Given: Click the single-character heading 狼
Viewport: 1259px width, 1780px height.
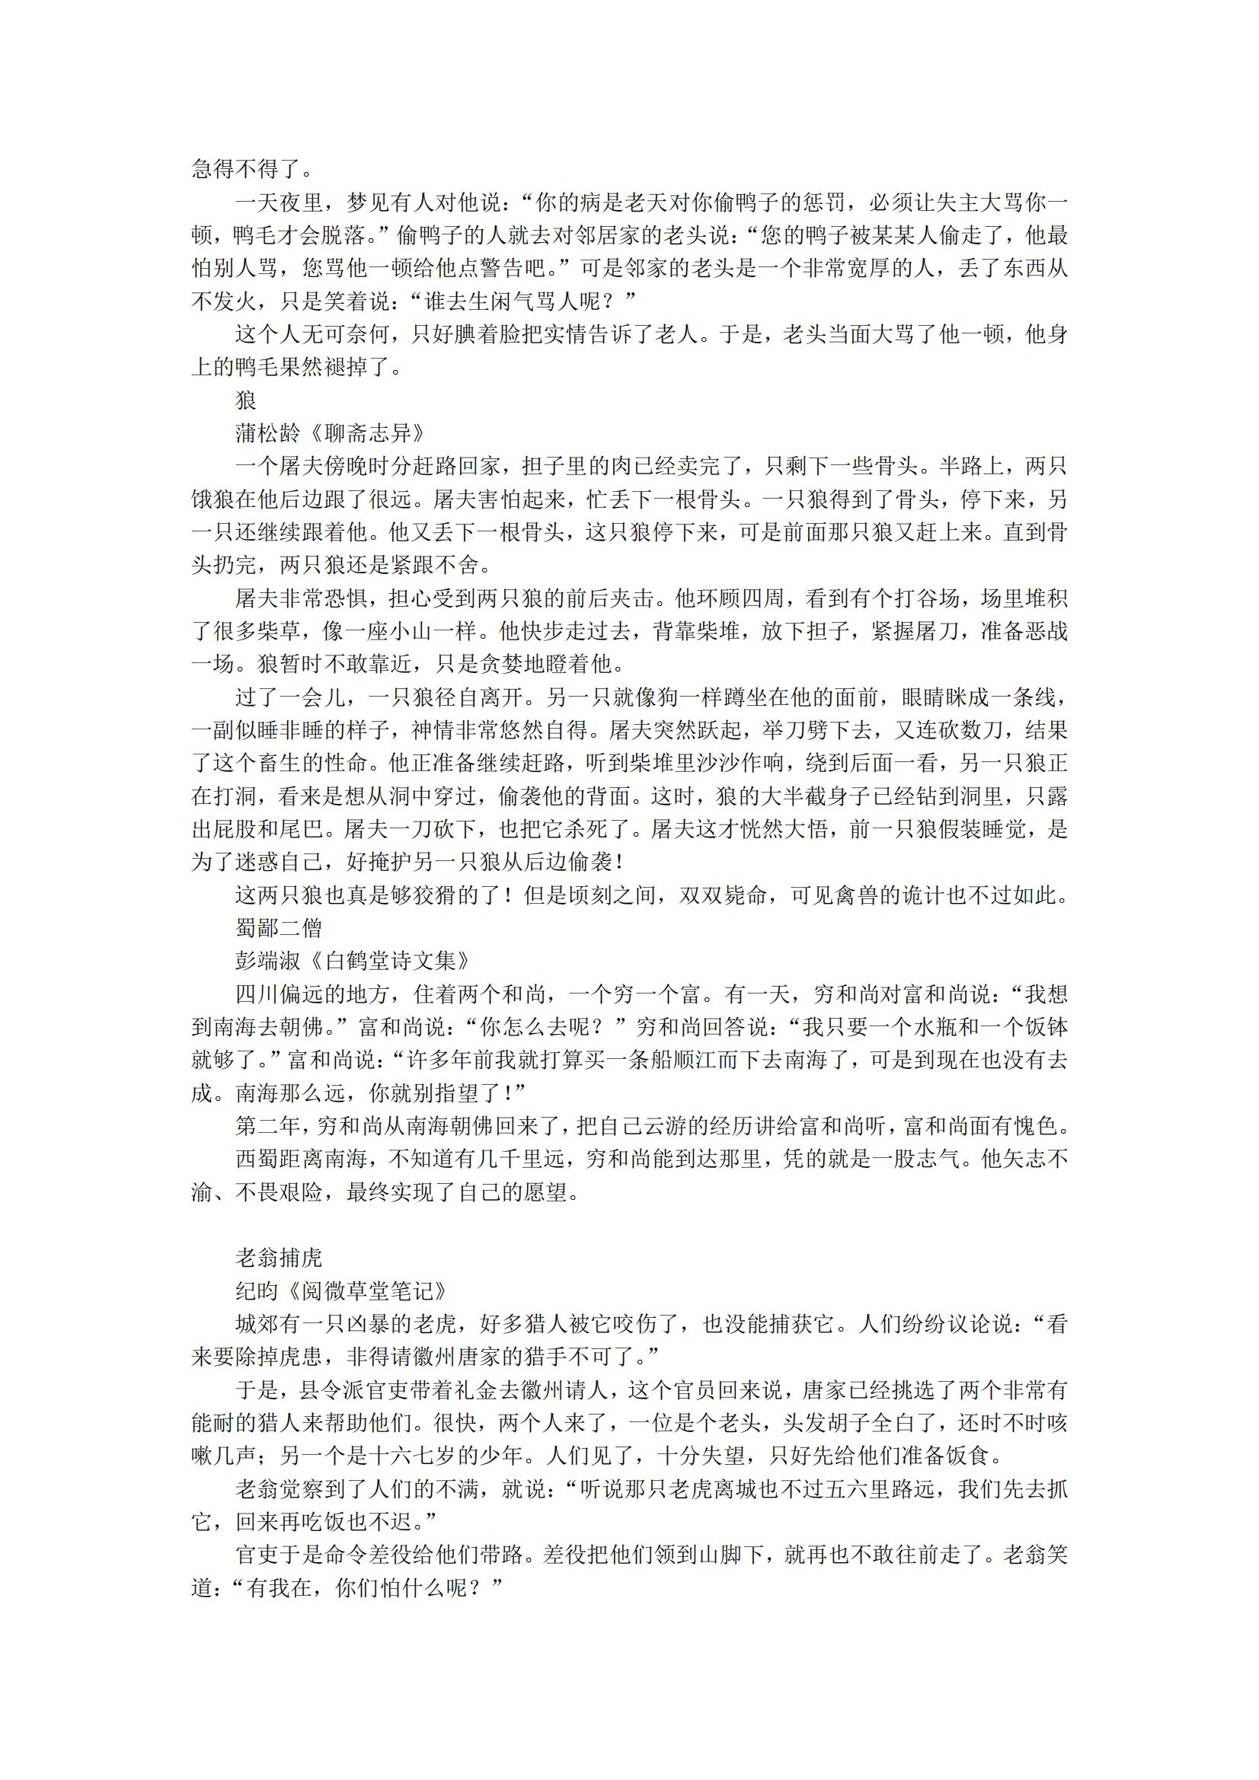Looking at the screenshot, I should click(246, 400).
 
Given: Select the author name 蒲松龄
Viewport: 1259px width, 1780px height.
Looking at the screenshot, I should click(267, 433).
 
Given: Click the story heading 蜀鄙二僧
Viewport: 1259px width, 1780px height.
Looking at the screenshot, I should click(279, 928).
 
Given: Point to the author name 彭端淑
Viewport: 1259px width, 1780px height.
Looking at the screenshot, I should click(267, 962).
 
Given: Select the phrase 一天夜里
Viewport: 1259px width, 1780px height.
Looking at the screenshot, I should click(279, 203).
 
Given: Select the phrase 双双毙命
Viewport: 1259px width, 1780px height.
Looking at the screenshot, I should click(723, 895).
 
